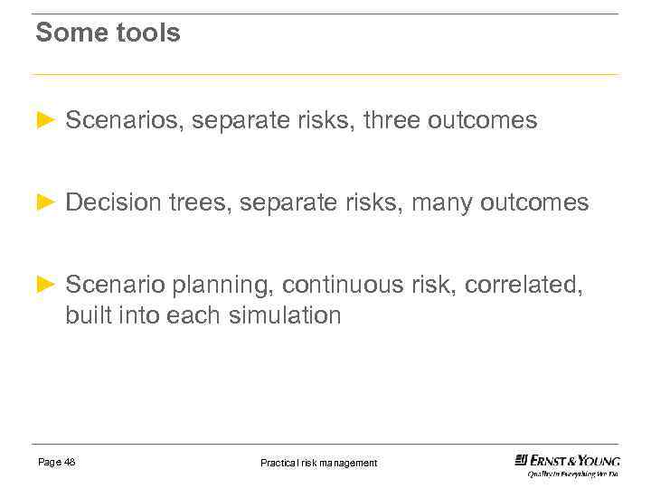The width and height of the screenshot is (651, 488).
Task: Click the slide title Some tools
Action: coord(108,33)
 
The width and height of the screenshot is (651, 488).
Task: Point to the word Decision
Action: coord(113,202)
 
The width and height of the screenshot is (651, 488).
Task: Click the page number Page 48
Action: coord(56,463)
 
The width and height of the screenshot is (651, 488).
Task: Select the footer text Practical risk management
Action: coord(318,463)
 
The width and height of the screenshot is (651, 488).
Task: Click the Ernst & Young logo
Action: coord(567,460)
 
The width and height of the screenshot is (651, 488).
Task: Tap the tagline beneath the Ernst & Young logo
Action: coord(573,474)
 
